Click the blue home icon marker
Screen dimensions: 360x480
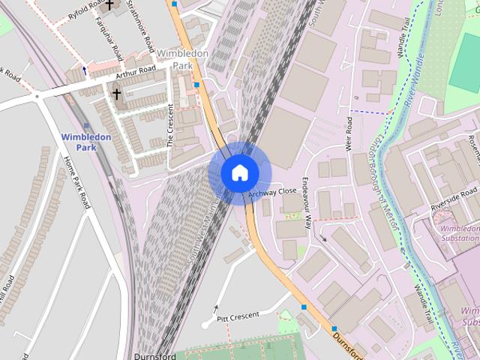pos(239,173)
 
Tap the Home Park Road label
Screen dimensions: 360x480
pos(77,182)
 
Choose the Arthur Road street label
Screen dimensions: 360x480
pos(136,73)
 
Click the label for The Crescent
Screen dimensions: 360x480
pos(170,124)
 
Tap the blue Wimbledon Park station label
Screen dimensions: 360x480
pos(85,142)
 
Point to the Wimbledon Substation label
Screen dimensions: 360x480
pos(459,233)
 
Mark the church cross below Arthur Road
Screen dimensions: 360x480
pos(116,94)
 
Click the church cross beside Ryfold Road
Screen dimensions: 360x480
pos(109,4)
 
